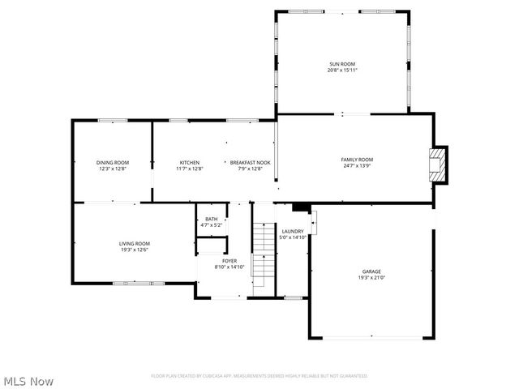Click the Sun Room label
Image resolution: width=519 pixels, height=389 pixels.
(342, 64)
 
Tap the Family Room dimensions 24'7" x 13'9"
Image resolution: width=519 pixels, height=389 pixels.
(356, 165)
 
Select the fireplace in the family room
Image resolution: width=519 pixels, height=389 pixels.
(437, 165)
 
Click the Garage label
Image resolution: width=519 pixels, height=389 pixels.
(371, 271)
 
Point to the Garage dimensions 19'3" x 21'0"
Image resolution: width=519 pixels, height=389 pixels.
(371, 278)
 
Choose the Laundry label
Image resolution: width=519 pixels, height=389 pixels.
(293, 231)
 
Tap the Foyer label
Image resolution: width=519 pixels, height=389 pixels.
(229, 260)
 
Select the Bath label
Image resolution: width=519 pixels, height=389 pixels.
(211, 219)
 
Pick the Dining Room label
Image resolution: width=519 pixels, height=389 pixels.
(112, 162)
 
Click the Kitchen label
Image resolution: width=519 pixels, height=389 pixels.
(190, 162)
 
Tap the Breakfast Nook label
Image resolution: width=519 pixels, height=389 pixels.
(250, 162)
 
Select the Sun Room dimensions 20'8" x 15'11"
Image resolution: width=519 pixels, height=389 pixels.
(342, 71)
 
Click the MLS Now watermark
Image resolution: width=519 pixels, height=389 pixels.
(28, 381)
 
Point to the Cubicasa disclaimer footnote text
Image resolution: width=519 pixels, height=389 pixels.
(259, 376)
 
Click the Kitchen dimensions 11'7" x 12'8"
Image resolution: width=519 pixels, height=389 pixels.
(190, 169)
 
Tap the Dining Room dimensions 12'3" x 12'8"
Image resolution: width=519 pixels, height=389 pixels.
(112, 169)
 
